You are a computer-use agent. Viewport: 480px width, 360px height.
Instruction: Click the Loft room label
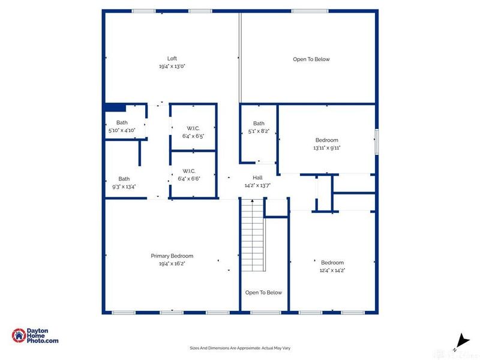(172, 58)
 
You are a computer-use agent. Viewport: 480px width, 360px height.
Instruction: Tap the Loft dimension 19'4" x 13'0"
(172, 67)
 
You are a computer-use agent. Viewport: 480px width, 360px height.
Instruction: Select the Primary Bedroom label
(172, 256)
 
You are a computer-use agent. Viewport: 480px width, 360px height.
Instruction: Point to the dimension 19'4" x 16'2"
(172, 263)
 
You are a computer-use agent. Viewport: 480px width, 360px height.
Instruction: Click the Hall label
(257, 178)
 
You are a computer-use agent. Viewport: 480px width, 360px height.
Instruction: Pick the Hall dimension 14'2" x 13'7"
(257, 185)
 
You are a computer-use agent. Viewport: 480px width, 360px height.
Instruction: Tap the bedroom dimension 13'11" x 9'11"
(326, 148)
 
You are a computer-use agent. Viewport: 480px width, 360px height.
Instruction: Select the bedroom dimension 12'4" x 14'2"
(332, 271)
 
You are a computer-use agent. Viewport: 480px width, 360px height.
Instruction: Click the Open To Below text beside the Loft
(311, 59)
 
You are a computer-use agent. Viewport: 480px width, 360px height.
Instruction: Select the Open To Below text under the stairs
(263, 293)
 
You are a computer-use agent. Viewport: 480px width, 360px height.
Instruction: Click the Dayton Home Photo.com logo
(35, 336)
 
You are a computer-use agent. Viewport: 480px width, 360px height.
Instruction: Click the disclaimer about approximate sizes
(240, 348)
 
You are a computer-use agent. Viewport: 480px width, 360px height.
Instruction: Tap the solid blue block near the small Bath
(115, 107)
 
